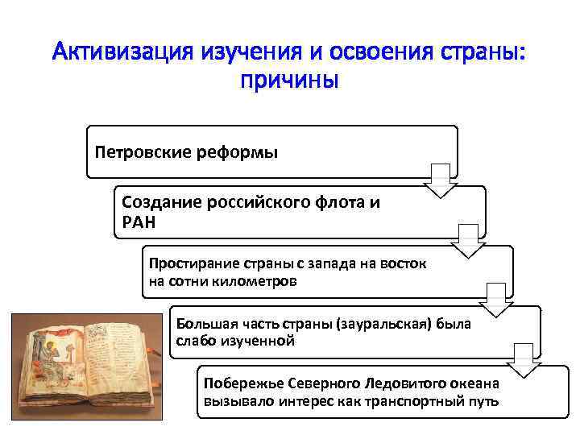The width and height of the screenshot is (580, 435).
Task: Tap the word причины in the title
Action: pyautogui.click(x=289, y=83)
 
